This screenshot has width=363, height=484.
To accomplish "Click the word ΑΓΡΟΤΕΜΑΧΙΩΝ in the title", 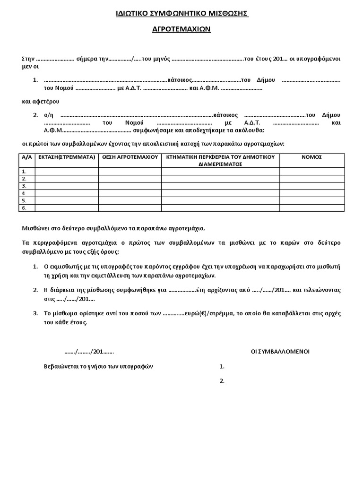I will [181, 29].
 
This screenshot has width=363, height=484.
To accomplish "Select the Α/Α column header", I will [26, 157].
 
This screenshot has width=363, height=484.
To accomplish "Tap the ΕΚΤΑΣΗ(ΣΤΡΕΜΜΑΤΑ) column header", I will [67, 157].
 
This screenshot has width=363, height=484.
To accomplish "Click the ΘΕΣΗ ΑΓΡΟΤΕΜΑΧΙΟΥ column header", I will [130, 157].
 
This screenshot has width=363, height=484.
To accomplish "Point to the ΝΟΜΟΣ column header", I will [311, 157].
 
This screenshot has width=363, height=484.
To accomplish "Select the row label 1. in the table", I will [25, 172].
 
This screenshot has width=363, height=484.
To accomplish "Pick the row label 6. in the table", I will [25, 208].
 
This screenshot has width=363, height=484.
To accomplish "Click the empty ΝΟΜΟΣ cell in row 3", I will [311, 186].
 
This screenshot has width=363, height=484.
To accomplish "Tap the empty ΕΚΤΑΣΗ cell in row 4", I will [67, 193].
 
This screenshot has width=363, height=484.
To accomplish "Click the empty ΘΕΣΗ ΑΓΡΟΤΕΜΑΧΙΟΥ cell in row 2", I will [130, 179].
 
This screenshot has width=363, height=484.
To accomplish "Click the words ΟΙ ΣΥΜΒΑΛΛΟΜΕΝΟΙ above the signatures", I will [280, 352].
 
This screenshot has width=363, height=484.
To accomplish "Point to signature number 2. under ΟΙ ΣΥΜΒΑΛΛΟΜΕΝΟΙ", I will [222, 381].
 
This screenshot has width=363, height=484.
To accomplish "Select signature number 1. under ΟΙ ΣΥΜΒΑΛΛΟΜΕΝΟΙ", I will [222, 367].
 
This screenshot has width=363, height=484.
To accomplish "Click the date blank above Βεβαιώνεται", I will [89, 352].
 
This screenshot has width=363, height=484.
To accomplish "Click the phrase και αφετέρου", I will [41, 101].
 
